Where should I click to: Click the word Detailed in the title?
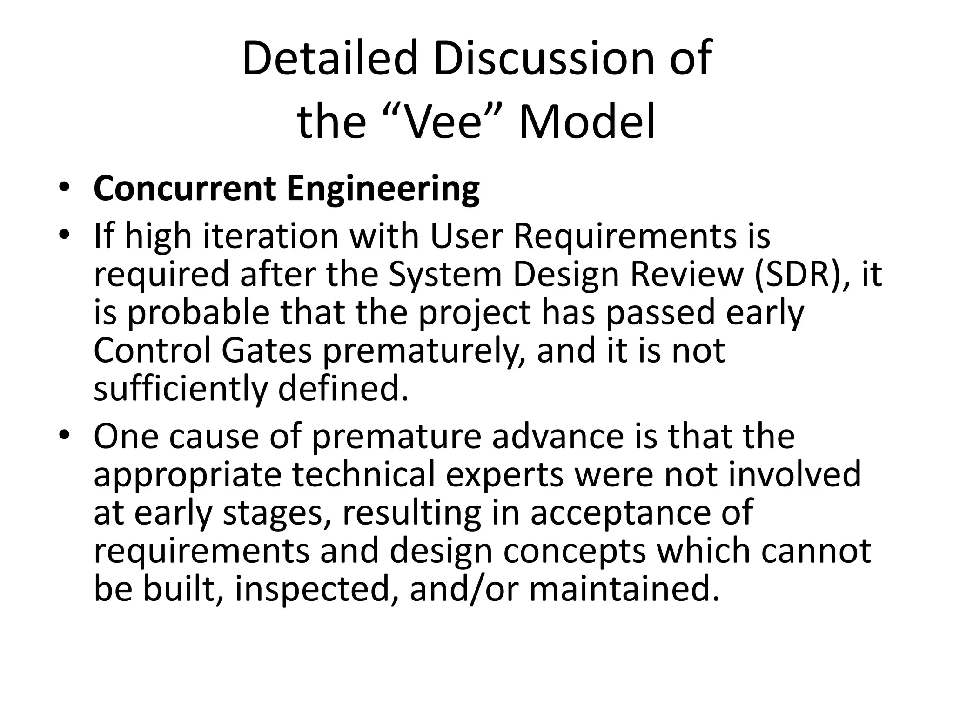click(x=329, y=59)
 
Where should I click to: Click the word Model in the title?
click(x=586, y=122)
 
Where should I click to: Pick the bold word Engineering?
click(x=383, y=190)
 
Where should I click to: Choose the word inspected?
click(x=312, y=589)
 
